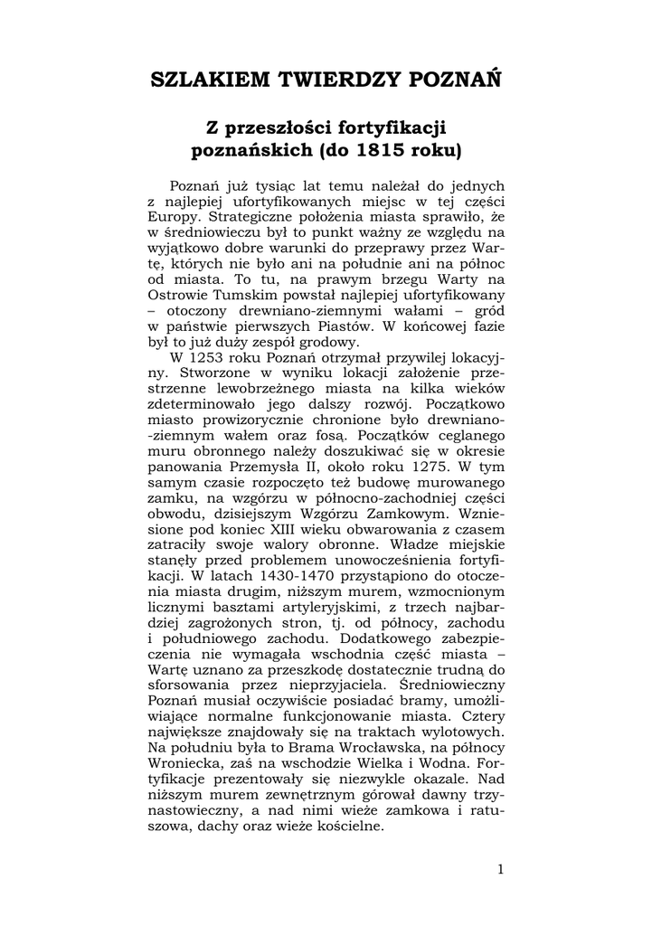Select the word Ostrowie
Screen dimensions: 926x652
coord(179,295)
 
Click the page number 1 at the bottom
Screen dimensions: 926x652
coord(499,870)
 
